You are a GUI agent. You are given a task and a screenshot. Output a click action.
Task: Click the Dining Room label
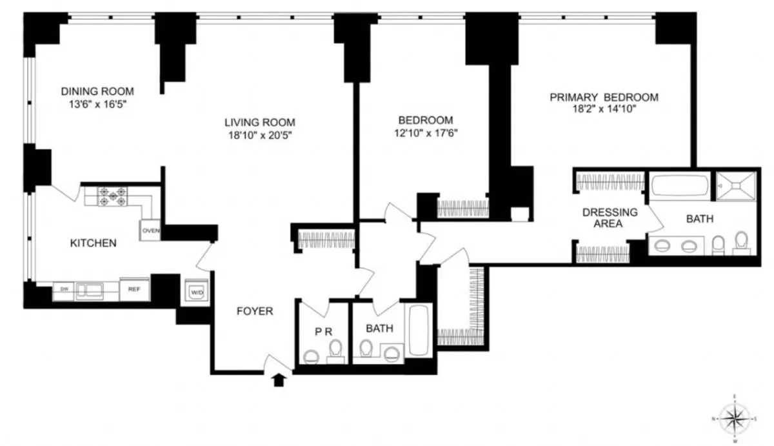point(97,91)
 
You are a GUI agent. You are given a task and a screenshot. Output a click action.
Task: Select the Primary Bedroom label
point(604,97)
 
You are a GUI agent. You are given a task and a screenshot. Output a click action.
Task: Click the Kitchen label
point(93,243)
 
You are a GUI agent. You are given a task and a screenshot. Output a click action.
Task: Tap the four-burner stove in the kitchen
point(111,196)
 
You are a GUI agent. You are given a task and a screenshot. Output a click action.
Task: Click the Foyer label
point(255,311)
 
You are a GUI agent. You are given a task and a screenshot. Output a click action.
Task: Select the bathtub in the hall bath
point(419,330)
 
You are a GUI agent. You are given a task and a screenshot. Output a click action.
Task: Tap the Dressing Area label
point(610,218)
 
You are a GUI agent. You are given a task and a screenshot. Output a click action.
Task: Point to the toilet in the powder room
point(311,355)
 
